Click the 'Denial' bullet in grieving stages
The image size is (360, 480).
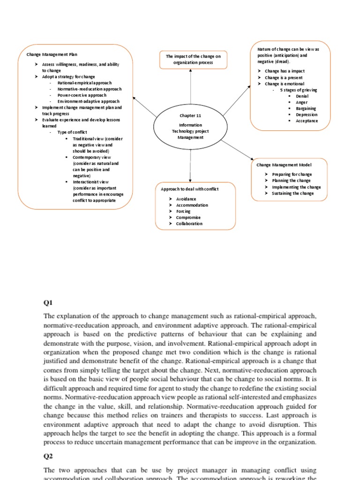coord(302,96)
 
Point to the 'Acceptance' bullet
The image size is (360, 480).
coord(307,120)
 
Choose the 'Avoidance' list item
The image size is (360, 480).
coord(186,199)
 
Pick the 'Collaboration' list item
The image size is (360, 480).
coord(189,224)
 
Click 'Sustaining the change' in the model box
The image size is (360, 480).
coord(292,193)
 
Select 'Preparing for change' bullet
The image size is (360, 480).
coord(291,174)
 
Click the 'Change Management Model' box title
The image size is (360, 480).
coord(284,165)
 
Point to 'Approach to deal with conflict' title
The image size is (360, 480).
coord(190,189)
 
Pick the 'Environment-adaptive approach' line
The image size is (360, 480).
coord(88,101)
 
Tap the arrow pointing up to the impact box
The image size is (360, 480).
coord(190,87)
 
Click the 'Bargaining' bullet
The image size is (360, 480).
coord(306,108)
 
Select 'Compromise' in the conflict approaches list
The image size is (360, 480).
coord(188,217)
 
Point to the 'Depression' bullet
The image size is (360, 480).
coord(306,114)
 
